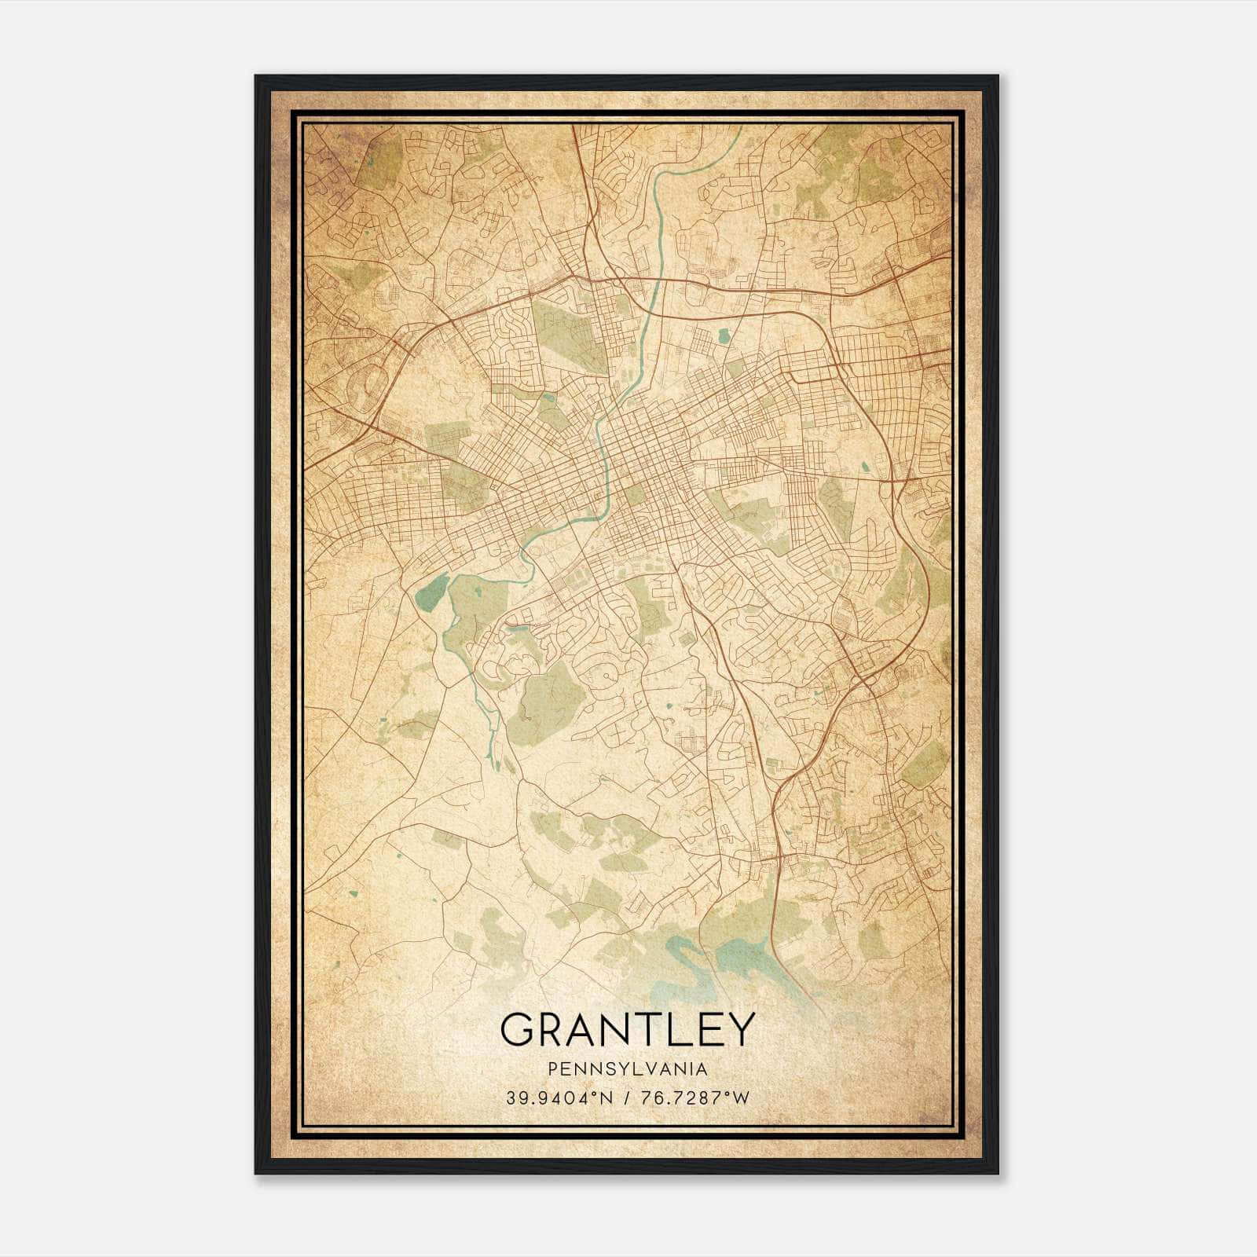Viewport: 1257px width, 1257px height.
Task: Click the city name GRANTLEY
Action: pyautogui.click(x=627, y=1028)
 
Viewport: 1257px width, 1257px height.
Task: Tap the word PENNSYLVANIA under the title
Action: pyautogui.click(x=627, y=1069)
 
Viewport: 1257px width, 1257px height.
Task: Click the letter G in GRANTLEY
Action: pyautogui.click(x=519, y=1028)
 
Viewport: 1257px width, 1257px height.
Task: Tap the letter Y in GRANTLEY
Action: pyautogui.click(x=739, y=1028)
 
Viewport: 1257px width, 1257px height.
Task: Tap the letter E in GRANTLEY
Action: pyautogui.click(x=704, y=1028)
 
